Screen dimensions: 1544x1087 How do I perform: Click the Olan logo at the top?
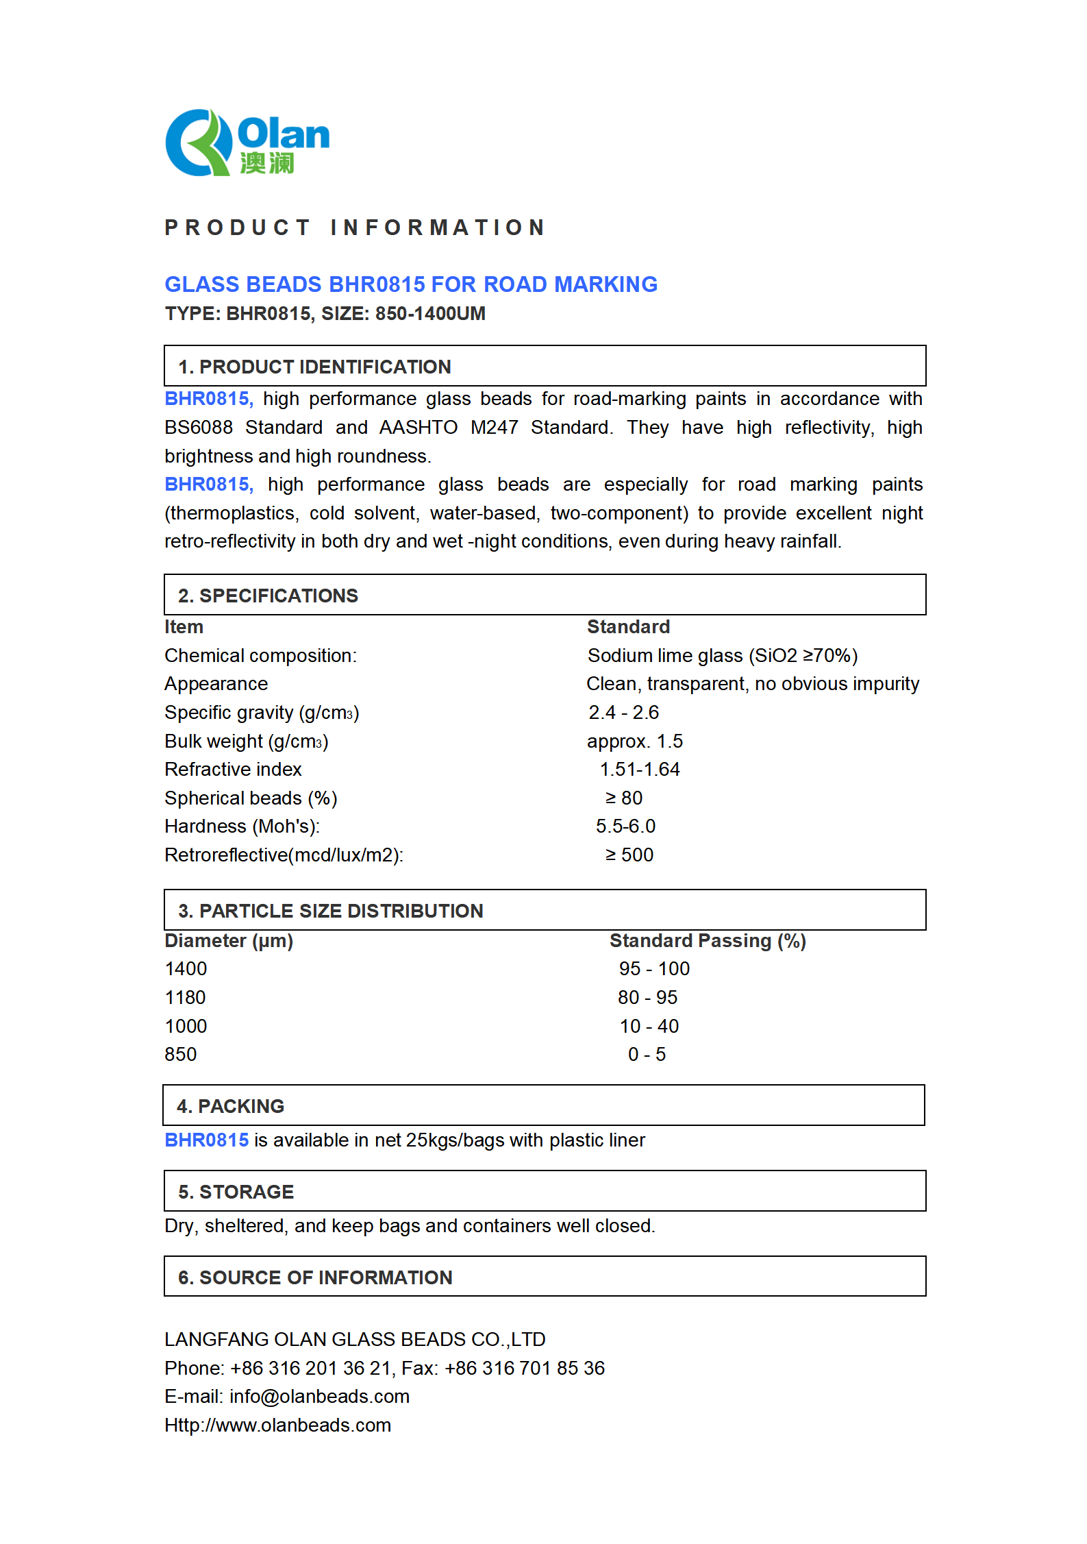click(247, 143)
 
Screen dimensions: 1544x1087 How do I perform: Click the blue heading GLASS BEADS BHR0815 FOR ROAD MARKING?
click(410, 284)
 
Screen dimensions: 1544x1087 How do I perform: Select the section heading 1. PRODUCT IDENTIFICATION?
click(314, 367)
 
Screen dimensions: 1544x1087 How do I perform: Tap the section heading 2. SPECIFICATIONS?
click(268, 596)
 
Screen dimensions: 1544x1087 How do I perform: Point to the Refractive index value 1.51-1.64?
click(640, 770)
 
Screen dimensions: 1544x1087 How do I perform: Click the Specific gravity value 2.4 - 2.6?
click(623, 713)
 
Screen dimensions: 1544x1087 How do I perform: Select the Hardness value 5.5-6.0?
click(625, 826)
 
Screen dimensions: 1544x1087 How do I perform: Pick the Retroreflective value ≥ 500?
click(629, 855)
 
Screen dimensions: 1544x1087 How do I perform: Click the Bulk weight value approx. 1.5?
click(634, 742)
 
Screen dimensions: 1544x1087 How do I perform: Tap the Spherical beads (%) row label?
click(251, 798)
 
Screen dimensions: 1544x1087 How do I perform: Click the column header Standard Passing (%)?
click(708, 941)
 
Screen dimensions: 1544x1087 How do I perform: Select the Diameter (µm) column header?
click(229, 941)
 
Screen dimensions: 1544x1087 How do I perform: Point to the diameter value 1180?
click(185, 998)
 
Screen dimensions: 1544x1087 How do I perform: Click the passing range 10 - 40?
click(649, 1027)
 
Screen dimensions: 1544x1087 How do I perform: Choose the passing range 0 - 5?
click(647, 1055)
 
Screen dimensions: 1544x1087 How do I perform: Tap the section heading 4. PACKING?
click(230, 1107)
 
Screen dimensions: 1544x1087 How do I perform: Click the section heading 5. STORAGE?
click(236, 1192)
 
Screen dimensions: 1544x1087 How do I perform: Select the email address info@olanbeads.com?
click(319, 1397)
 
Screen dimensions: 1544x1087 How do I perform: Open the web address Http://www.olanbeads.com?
click(277, 1425)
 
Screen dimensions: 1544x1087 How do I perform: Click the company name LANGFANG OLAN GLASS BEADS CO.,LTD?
click(355, 1340)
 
